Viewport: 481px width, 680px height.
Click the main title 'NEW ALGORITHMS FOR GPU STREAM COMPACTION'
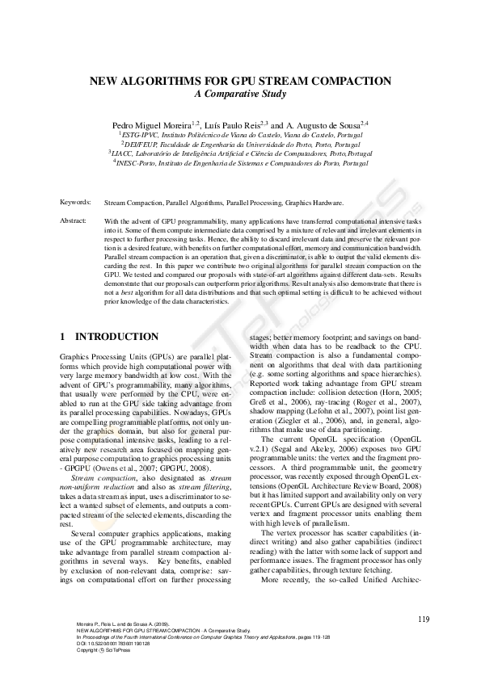(240, 82)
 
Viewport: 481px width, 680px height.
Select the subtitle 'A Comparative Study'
(240, 94)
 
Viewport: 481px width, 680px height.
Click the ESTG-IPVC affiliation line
(240, 136)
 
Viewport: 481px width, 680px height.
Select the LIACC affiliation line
(240, 153)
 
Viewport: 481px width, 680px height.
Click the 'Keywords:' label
(76, 203)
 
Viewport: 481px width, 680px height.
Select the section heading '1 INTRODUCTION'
(110, 336)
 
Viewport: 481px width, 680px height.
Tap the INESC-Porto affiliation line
(240, 162)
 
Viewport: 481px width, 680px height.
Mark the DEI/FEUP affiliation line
(240, 144)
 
